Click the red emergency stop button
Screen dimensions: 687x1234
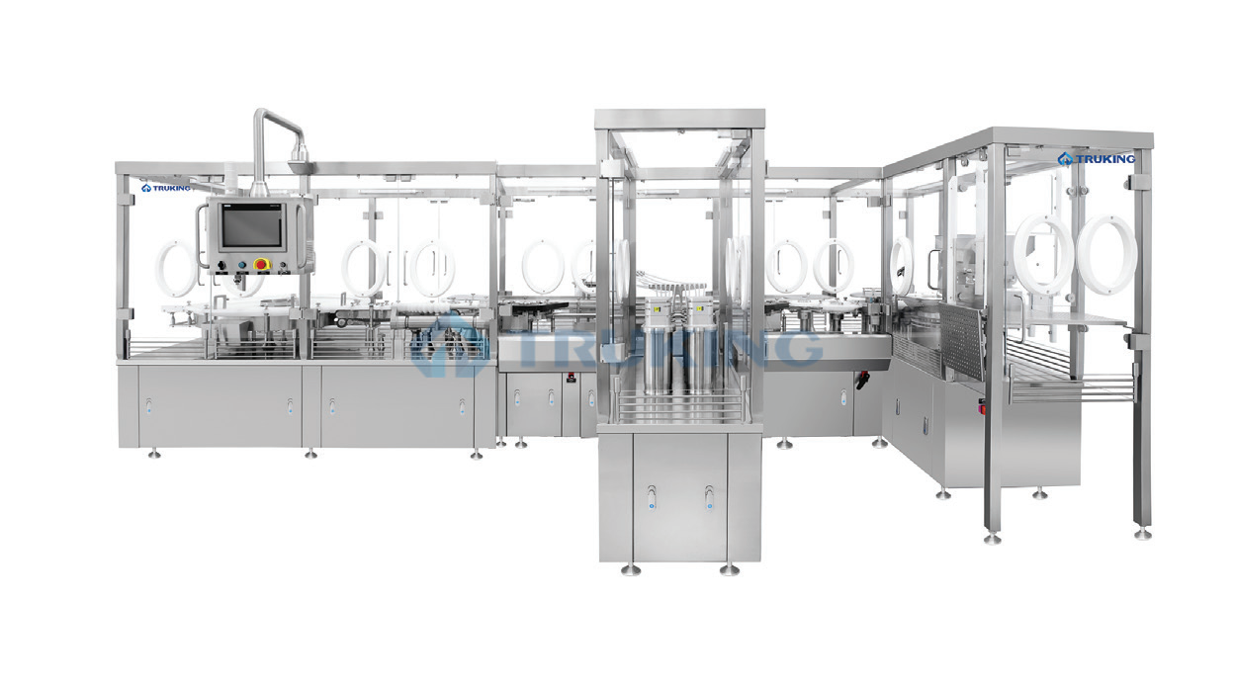[x=262, y=265]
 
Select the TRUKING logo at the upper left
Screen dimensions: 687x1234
[x=166, y=187]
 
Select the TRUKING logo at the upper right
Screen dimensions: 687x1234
[x=1096, y=159]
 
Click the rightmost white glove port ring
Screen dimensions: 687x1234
[x=1106, y=254]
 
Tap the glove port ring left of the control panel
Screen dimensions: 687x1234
[x=177, y=270]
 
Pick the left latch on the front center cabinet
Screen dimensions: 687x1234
[x=652, y=498]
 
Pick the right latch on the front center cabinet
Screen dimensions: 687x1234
[x=709, y=498]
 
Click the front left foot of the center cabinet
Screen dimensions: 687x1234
[x=630, y=568]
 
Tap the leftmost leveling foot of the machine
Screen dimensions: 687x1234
[x=153, y=453]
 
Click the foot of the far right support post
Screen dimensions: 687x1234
[x=1142, y=533]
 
